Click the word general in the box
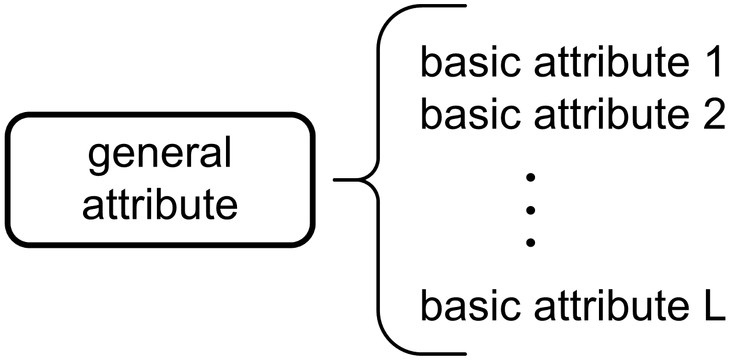(x=160, y=156)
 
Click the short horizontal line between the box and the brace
(x=349, y=180)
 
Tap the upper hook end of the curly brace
(x=459, y=6)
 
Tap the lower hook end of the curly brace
(x=459, y=352)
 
